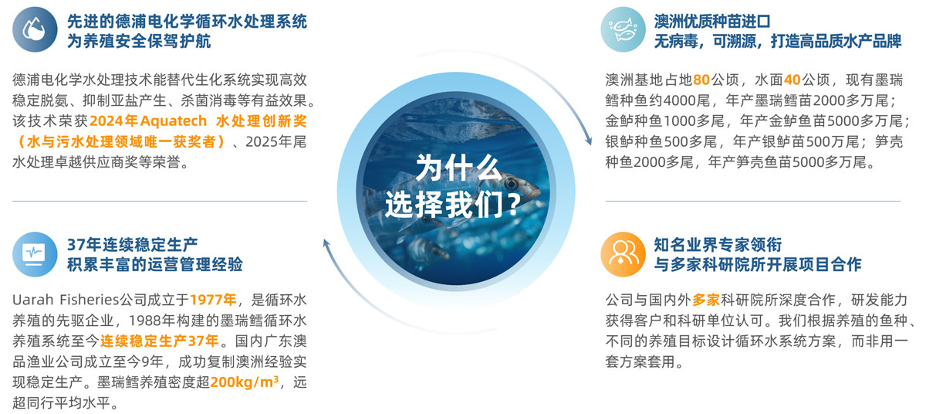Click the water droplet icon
click(35, 29)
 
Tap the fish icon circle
click(623, 29)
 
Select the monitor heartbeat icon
click(35, 254)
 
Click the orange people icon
click(623, 254)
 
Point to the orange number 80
click(701, 80)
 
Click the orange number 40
click(792, 80)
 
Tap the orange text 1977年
click(213, 300)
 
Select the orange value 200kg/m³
click(245, 382)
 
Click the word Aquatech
click(173, 120)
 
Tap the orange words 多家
click(706, 300)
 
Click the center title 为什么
click(458, 168)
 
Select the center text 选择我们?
click(453, 204)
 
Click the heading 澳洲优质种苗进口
click(712, 21)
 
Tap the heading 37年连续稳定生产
click(132, 245)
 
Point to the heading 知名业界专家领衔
click(718, 245)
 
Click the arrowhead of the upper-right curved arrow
click(588, 141)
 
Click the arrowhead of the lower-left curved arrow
click(326, 243)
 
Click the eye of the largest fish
click(512, 182)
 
